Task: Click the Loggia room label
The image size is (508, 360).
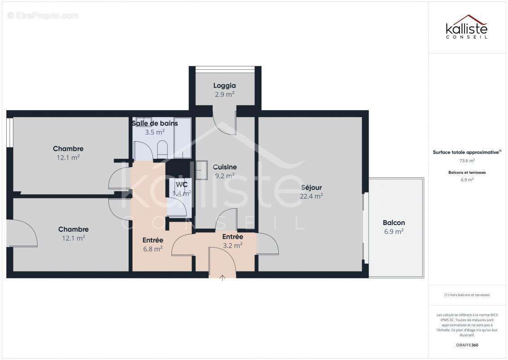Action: click(x=224, y=85)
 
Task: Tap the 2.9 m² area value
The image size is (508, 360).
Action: click(x=224, y=94)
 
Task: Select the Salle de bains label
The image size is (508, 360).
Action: click(x=155, y=123)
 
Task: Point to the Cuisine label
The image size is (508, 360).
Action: click(x=225, y=167)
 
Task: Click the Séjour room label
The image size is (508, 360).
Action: click(x=311, y=187)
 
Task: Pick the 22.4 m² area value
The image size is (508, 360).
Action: click(x=311, y=196)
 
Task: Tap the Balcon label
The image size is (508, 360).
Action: click(x=393, y=222)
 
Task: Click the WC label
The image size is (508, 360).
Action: click(x=182, y=184)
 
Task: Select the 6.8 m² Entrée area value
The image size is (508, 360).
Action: click(x=153, y=248)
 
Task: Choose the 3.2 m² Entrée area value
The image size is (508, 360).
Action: click(x=232, y=246)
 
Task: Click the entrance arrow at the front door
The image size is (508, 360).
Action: click(x=223, y=278)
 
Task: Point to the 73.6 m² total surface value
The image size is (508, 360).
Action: click(x=467, y=160)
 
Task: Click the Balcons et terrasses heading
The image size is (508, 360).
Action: click(x=467, y=172)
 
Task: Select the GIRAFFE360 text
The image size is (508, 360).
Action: click(x=467, y=345)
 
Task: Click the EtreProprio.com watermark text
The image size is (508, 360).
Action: click(x=43, y=15)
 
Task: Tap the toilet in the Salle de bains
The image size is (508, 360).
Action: click(x=162, y=147)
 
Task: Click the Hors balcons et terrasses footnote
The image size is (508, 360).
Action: click(x=467, y=295)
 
